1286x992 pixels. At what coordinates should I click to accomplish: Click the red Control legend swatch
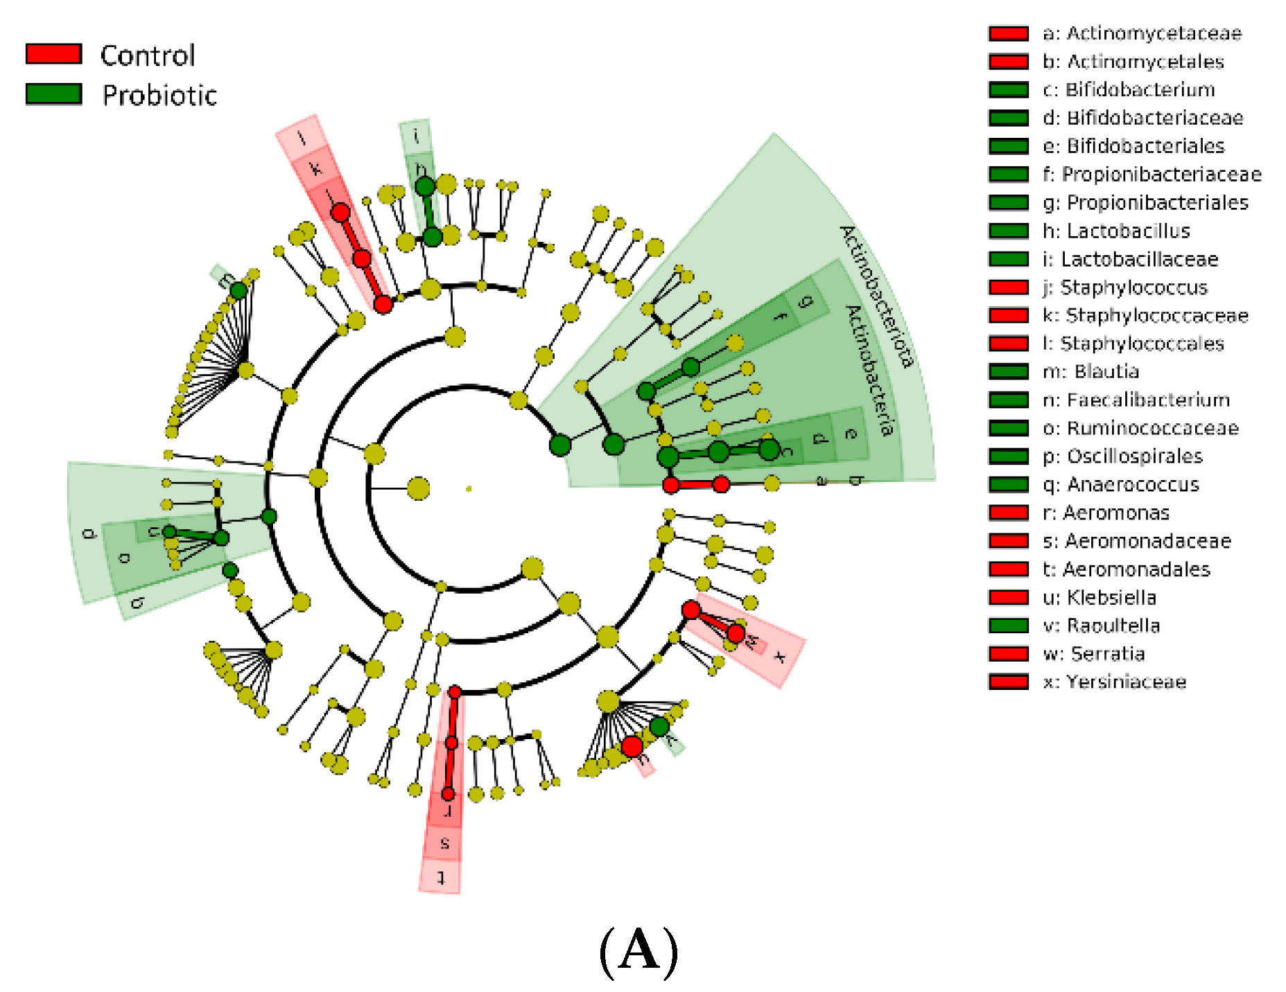[x=53, y=54]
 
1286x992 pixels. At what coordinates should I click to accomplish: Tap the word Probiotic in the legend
[x=159, y=95]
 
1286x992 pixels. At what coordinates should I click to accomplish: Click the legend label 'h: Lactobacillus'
[x=1116, y=231]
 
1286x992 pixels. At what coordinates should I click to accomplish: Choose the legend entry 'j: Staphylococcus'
[x=1124, y=287]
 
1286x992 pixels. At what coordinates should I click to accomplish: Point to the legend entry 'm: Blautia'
[x=1091, y=372]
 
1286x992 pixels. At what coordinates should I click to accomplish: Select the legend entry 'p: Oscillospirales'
[x=1122, y=457]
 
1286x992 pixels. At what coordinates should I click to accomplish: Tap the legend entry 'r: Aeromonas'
[x=1106, y=513]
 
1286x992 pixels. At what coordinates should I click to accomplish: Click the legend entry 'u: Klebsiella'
[x=1100, y=598]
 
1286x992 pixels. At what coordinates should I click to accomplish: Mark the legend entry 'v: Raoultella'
[x=1101, y=626]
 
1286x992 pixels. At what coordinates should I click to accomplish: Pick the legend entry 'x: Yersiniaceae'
[x=1114, y=682]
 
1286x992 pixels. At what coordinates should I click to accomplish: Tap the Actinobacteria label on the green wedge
[x=869, y=371]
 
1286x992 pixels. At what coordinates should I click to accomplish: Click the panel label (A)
[x=638, y=951]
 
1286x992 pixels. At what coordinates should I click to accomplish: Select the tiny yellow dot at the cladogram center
[x=469, y=489]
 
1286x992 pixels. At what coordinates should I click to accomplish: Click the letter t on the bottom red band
[x=441, y=878]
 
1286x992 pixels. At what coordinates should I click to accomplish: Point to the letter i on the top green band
[x=416, y=136]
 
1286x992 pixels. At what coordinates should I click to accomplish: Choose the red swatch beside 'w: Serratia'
[x=1008, y=654]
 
